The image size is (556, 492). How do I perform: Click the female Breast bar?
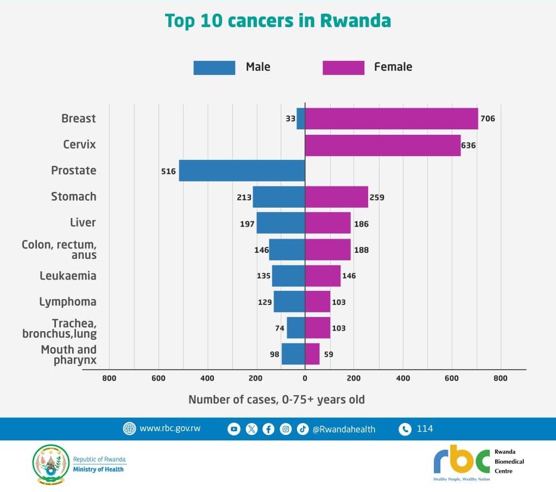[391, 119]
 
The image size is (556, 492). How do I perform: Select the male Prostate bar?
[242, 171]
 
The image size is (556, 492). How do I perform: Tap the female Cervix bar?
[382, 145]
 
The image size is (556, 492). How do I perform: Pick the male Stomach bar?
[279, 197]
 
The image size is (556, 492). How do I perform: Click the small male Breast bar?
[301, 119]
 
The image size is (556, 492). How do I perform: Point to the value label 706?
[488, 119]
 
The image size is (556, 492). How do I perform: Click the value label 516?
[168, 171]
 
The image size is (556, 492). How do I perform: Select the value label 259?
[377, 197]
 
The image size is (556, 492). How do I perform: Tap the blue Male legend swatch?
[214, 67]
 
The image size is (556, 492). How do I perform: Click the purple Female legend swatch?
[343, 67]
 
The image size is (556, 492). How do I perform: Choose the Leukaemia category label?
[68, 276]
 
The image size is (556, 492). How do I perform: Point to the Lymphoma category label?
[68, 302]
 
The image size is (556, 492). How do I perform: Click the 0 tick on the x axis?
[305, 378]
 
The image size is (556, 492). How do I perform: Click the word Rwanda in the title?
[355, 21]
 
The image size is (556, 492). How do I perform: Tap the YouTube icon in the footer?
[234, 429]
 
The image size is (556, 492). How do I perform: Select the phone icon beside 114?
[405, 429]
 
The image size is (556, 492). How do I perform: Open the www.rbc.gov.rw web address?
[170, 428]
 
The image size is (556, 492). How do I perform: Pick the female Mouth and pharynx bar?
[312, 354]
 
